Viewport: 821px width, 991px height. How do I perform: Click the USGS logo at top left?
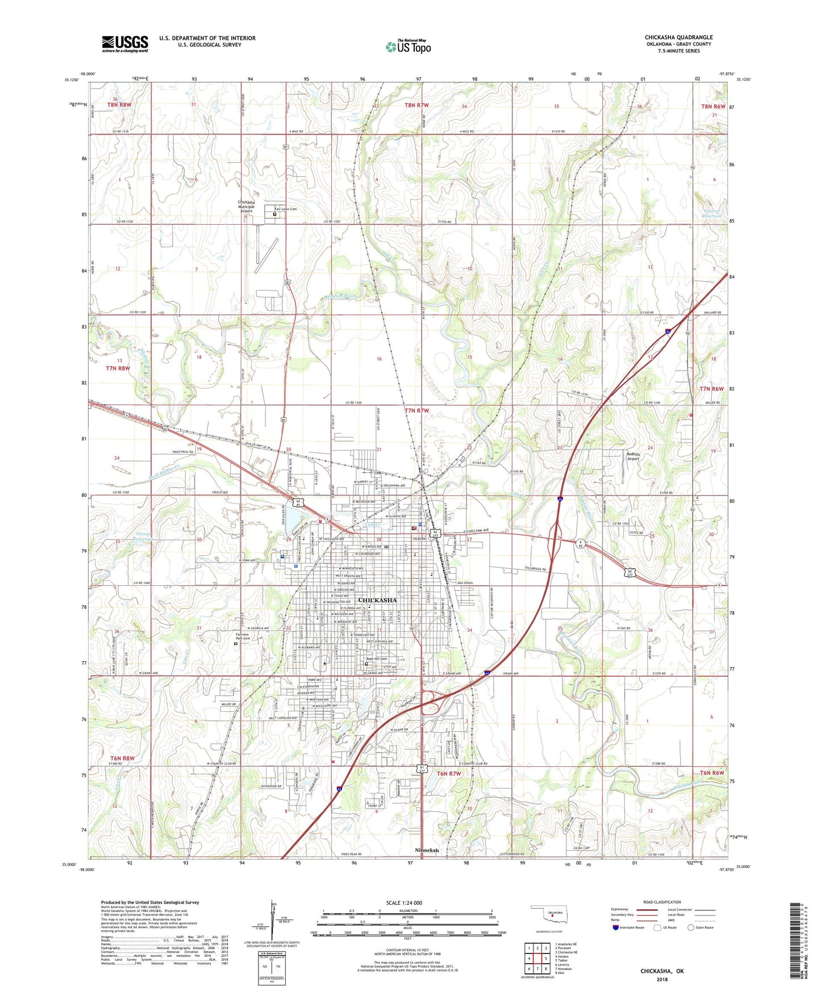click(x=125, y=43)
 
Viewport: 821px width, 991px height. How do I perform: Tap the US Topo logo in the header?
click(x=407, y=46)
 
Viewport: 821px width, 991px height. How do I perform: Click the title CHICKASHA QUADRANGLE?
click(x=678, y=37)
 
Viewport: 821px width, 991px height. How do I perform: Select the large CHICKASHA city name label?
click(x=377, y=600)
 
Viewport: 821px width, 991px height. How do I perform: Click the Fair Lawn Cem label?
click(x=286, y=209)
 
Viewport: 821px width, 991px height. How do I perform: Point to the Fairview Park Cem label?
click(x=239, y=636)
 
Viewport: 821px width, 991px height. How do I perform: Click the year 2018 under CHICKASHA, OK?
click(x=662, y=980)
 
